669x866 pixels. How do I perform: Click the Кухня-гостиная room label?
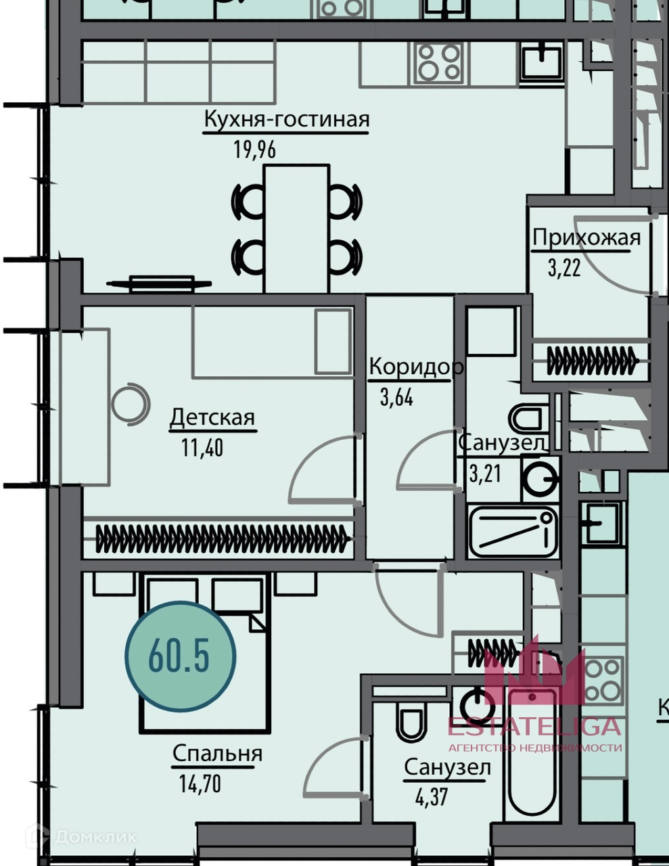pos(287,120)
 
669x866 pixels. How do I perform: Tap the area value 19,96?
pos(255,149)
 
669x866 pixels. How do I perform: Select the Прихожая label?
pos(586,238)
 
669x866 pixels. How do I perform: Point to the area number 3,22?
pos(564,269)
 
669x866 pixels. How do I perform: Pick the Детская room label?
pos(212,417)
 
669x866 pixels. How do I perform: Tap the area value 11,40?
pos(202,447)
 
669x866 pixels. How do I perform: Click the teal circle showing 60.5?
pos(180,656)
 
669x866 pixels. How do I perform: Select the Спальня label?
pos(217,753)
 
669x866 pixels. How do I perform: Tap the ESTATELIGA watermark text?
pos(534,726)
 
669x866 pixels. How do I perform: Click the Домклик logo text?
pos(95,838)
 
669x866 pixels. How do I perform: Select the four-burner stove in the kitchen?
pos(439,62)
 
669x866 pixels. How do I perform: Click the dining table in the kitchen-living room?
pos(297,229)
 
